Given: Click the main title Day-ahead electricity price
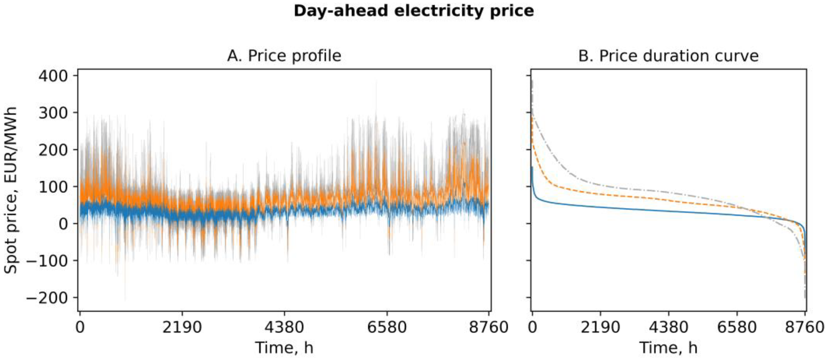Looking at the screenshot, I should coord(414,11).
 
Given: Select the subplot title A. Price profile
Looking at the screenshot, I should coord(284,56).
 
